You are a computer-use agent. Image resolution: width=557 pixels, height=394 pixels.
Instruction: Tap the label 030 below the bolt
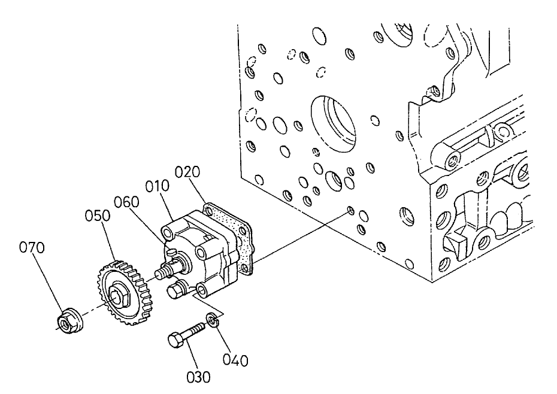pos(198,377)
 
